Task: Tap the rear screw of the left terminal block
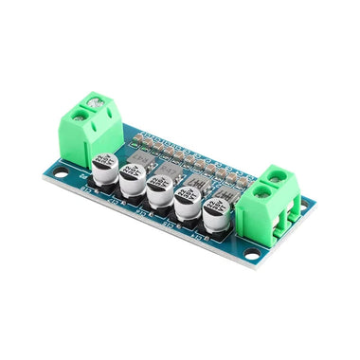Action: [x=95, y=99]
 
